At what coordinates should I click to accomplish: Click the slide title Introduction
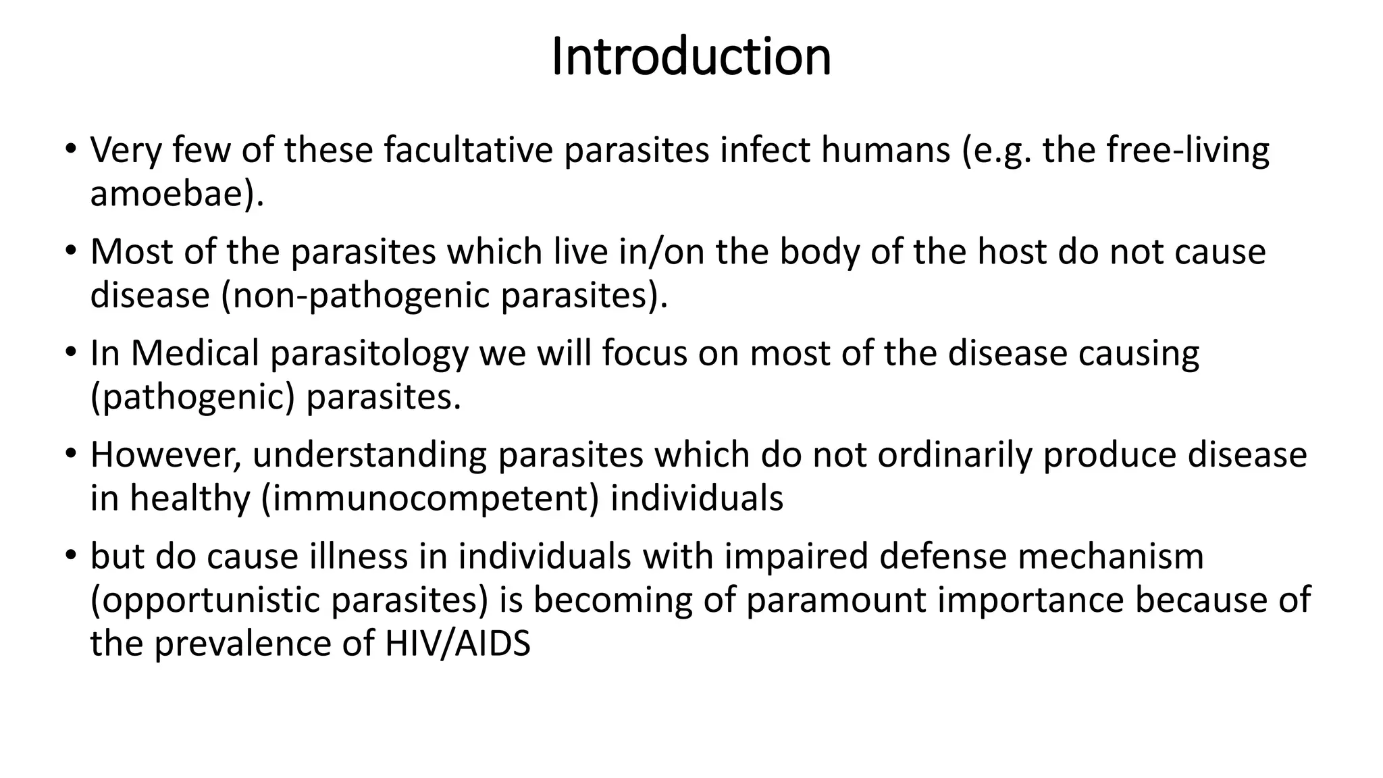(x=691, y=57)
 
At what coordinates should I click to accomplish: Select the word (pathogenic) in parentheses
(x=192, y=398)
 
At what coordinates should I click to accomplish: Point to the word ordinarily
(x=955, y=455)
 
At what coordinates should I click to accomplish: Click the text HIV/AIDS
(x=457, y=644)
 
